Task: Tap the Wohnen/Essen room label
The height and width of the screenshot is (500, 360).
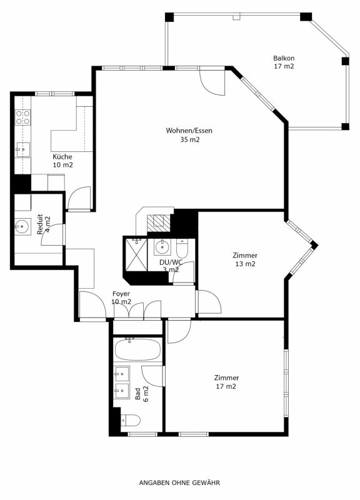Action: [x=189, y=135]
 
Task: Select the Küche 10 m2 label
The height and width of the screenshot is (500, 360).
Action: [x=62, y=161]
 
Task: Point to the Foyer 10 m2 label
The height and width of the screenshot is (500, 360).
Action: [x=121, y=297]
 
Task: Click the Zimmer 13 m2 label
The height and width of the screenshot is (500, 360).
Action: [x=244, y=259]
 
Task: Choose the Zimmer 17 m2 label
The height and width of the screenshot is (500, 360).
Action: [x=226, y=382]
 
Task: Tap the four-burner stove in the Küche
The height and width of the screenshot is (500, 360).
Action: [x=23, y=117]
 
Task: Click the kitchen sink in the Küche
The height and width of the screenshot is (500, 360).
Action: [x=22, y=149]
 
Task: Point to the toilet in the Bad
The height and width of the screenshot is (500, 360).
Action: [x=129, y=420]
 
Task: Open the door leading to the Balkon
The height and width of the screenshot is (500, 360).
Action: [x=211, y=81]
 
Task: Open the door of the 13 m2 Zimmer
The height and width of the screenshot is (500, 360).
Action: [x=208, y=302]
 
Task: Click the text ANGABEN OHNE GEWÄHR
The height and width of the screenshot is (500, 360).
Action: [x=179, y=482]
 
